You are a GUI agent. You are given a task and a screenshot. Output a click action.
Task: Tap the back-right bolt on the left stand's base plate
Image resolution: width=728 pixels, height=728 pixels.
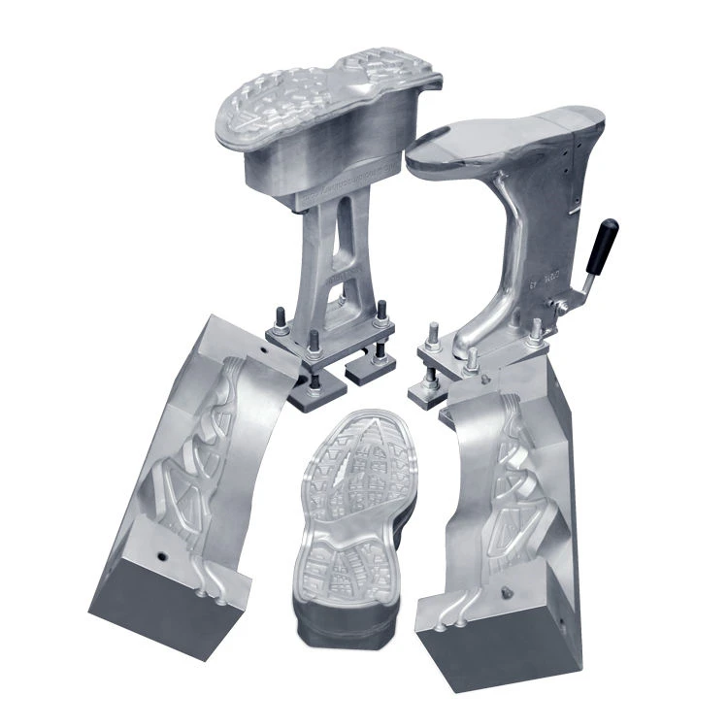tap(381, 311)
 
